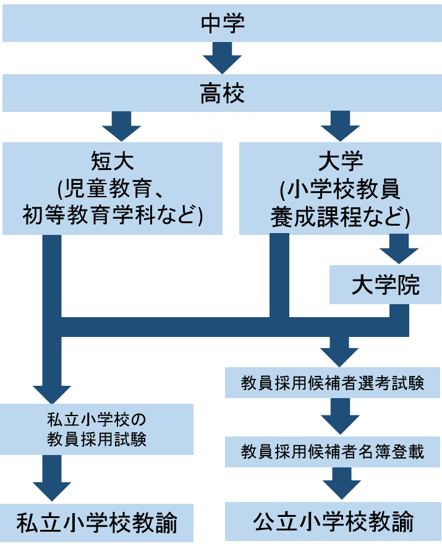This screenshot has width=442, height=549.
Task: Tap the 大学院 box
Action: tap(385, 285)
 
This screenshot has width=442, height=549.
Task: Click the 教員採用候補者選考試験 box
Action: tap(333, 383)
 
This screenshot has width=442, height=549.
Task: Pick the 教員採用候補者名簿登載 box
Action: tap(333, 451)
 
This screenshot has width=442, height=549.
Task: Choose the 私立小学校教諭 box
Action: tap(97, 523)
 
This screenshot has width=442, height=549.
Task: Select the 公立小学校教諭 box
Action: tap(333, 522)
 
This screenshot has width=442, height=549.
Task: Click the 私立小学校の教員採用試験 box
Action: tap(97, 428)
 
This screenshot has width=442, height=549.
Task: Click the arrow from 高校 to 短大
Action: tap(121, 127)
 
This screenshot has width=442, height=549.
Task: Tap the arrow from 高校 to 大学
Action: tap(340, 127)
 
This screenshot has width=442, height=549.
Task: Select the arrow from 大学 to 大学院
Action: tap(399, 250)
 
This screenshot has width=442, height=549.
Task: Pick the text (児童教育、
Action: tap(113, 189)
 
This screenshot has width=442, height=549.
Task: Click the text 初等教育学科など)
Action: tap(113, 215)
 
